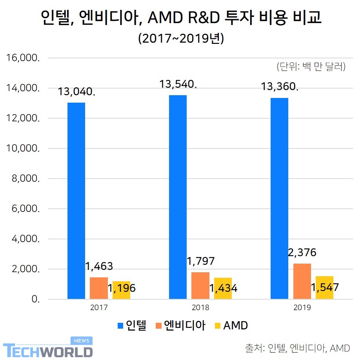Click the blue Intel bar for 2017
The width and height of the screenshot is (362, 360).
tap(76, 201)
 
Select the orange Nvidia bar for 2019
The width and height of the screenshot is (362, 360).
tap(302, 281)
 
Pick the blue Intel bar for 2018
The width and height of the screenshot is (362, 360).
tap(178, 197)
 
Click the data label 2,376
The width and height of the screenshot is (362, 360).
tap(302, 252)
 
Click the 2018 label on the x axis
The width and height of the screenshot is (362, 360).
tap(200, 308)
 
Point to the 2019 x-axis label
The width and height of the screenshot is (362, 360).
tap(302, 308)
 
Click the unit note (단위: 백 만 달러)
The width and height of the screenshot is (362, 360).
tap(311, 67)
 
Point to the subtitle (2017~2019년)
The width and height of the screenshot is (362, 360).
tap(181, 39)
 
